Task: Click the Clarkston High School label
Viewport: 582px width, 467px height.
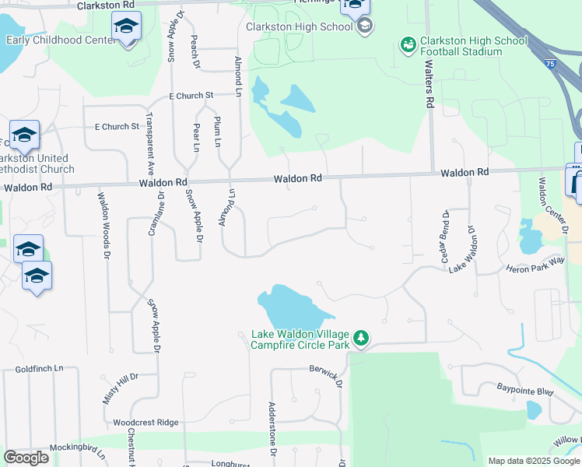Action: click(299, 26)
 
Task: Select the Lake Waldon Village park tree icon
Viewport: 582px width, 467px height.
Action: click(360, 338)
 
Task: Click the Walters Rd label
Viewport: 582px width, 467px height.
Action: click(428, 86)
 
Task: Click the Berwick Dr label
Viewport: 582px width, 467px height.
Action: click(326, 375)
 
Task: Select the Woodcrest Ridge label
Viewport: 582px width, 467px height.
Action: click(145, 422)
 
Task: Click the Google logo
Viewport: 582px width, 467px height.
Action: click(26, 458)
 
